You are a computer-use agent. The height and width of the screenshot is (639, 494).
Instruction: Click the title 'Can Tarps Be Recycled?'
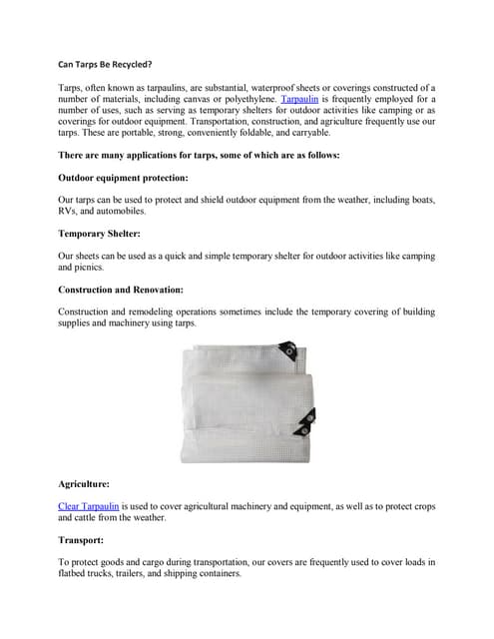click(x=105, y=64)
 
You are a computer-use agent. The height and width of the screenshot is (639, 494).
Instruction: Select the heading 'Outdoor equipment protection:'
click(x=123, y=177)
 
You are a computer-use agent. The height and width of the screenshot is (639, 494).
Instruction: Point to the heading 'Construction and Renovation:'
click(x=121, y=289)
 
